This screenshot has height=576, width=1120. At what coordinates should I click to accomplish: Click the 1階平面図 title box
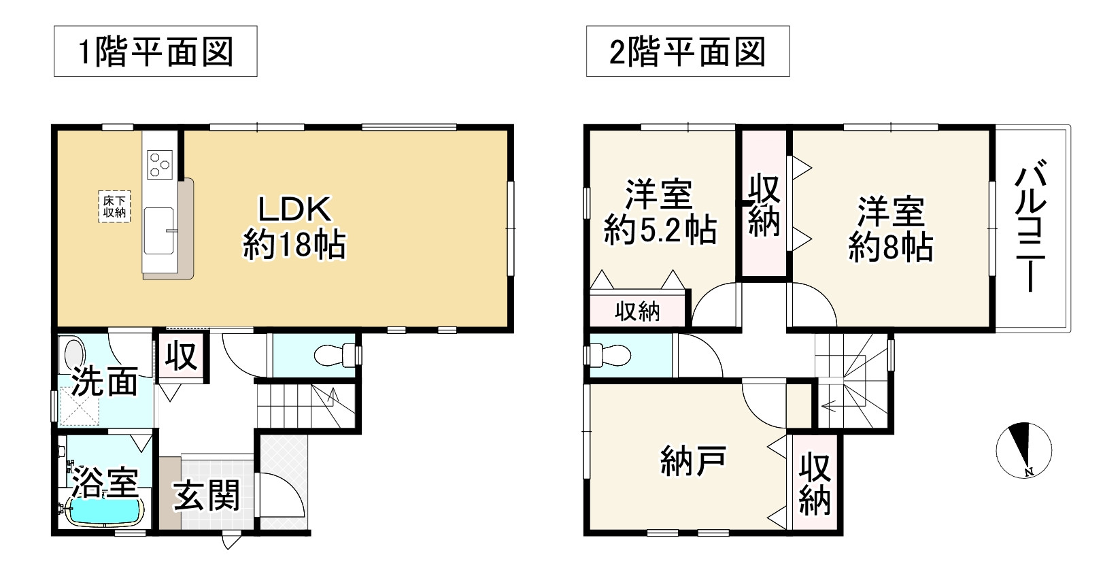155,52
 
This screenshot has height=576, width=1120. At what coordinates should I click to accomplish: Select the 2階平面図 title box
688,52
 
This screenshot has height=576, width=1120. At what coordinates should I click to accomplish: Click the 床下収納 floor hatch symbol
114,206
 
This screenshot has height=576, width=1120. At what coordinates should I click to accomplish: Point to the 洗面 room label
105,383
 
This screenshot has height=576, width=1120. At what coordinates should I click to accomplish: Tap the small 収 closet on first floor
182,356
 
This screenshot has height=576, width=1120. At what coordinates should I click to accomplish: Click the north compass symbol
1023,450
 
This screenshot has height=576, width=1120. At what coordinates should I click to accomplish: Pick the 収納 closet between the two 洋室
764,205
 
